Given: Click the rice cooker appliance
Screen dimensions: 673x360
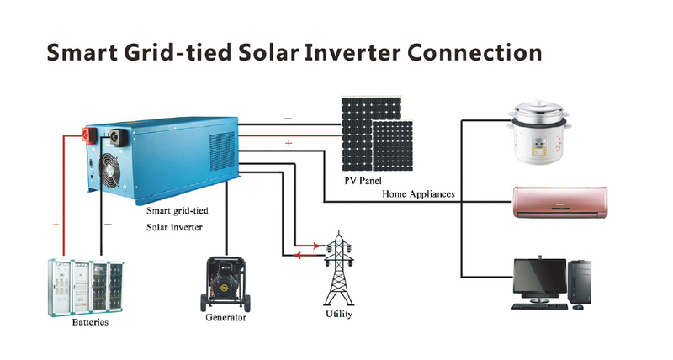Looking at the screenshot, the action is click(539, 132).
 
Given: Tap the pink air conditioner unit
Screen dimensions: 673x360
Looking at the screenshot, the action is click(560, 202).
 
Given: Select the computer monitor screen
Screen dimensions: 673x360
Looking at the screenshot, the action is click(539, 276).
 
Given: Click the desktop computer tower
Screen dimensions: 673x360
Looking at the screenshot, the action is click(579, 282).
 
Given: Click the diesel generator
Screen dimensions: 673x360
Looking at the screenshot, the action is click(225, 283).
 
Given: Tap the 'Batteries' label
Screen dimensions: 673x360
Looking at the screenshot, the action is click(90, 322).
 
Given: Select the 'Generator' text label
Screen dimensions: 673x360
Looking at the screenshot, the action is click(225, 317).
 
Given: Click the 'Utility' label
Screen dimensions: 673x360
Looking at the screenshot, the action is click(339, 314).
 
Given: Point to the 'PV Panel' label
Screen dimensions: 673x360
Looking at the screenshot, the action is click(363, 181).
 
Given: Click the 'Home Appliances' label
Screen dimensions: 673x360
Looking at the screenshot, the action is click(418, 194).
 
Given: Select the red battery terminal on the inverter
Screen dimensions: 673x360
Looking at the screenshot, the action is click(90, 135).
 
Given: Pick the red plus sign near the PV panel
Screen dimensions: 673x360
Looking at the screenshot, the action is click(289, 143).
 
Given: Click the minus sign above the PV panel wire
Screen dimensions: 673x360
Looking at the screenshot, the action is click(288, 119).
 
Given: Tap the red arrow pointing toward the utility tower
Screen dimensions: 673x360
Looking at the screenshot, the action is click(308, 246).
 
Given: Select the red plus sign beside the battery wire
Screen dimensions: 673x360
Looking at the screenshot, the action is click(56, 224).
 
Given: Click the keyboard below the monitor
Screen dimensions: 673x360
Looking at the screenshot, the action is click(539, 306).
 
